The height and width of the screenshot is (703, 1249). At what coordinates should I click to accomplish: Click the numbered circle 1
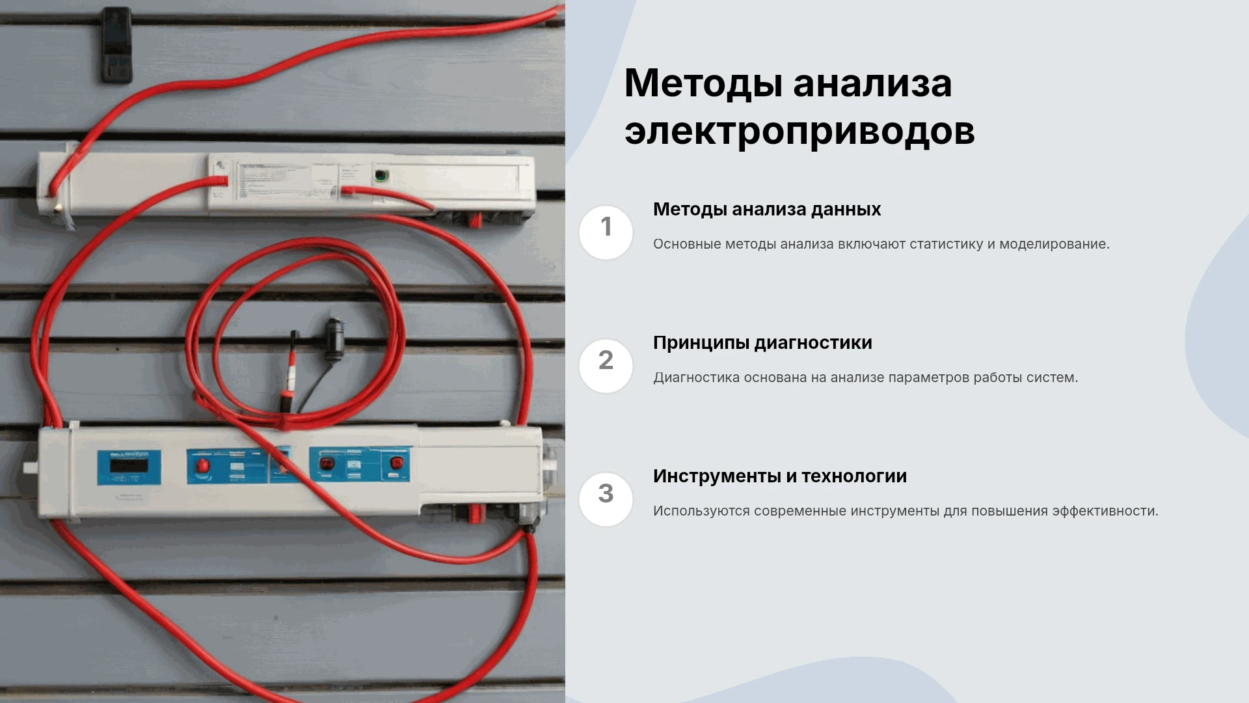606,232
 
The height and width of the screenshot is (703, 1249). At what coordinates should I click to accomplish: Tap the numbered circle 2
606,366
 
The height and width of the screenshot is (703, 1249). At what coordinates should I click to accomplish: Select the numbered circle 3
606,499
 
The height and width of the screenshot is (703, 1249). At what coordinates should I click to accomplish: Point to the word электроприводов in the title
799,132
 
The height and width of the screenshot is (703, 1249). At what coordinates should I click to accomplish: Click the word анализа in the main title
872,85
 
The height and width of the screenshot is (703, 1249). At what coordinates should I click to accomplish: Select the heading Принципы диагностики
762,343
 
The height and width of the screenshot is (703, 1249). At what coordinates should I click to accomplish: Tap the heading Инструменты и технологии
780,476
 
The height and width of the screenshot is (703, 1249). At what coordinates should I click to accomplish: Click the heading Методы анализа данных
767,210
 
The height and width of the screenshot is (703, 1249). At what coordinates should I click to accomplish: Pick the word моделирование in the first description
1054,245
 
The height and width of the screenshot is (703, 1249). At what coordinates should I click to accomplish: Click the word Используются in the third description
701,512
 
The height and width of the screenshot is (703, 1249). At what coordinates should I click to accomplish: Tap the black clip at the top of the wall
116,44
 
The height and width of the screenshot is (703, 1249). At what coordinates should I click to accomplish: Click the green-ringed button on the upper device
381,175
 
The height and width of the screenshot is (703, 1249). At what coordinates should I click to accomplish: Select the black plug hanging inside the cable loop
334,339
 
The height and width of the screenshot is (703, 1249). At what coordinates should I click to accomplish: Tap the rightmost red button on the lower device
396,463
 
